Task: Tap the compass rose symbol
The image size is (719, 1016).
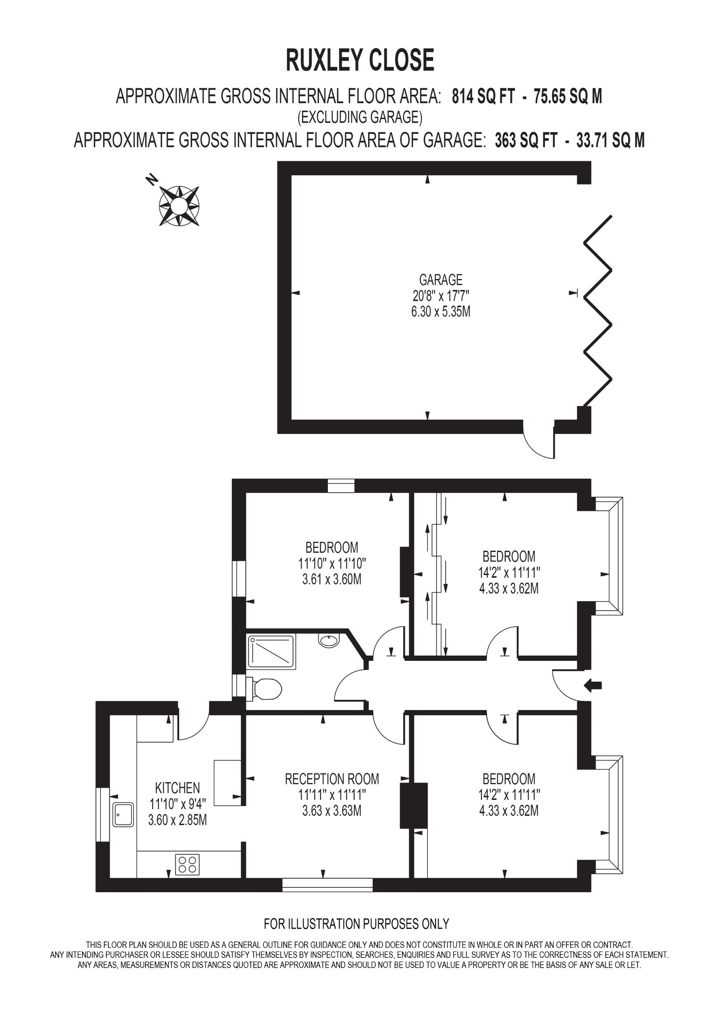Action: click(179, 206)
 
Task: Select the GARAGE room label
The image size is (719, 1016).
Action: click(440, 280)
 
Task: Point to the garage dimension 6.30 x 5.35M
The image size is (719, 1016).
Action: click(440, 312)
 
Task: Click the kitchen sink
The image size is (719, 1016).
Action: click(123, 814)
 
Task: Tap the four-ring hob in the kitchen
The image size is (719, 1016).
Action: click(187, 864)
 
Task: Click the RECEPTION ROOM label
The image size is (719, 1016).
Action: click(331, 779)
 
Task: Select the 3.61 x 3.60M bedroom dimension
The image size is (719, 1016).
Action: click(331, 579)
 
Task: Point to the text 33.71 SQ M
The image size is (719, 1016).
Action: click(610, 140)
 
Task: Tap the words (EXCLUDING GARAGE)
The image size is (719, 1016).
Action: click(360, 117)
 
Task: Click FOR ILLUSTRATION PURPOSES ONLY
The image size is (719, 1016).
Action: click(356, 924)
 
